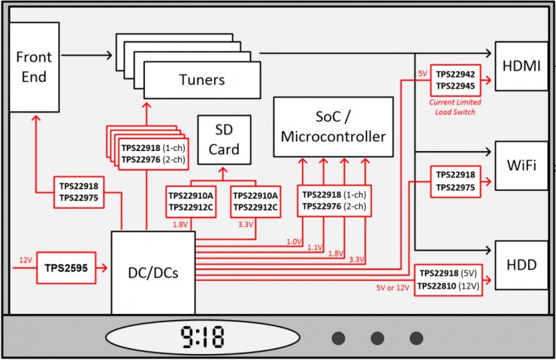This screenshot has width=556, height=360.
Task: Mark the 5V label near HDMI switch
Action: [x=422, y=74]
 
